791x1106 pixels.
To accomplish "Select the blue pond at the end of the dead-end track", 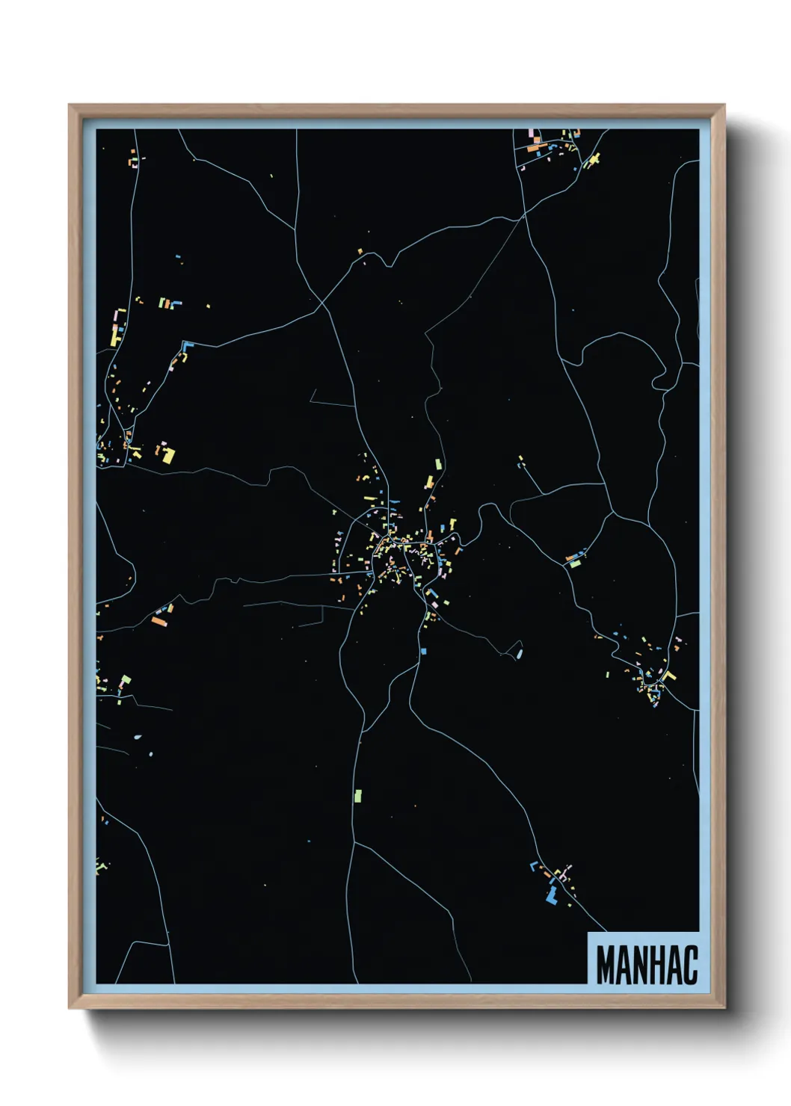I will pyautogui.click(x=519, y=654).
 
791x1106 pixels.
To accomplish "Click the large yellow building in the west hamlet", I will pyautogui.click(x=168, y=454).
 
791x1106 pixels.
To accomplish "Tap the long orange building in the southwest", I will pyautogui.click(x=158, y=620).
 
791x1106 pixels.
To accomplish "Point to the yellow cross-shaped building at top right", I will pyautogui.click(x=594, y=159).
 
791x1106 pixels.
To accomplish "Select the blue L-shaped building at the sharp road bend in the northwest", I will pyautogui.click(x=187, y=345).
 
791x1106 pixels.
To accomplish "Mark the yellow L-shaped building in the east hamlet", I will pyautogui.click(x=668, y=676).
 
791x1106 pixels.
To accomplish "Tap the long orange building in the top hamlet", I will pyautogui.click(x=535, y=149).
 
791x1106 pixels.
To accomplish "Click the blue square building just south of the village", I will pyautogui.click(x=423, y=652).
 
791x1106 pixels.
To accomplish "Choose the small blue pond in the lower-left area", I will pyautogui.click(x=137, y=737).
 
